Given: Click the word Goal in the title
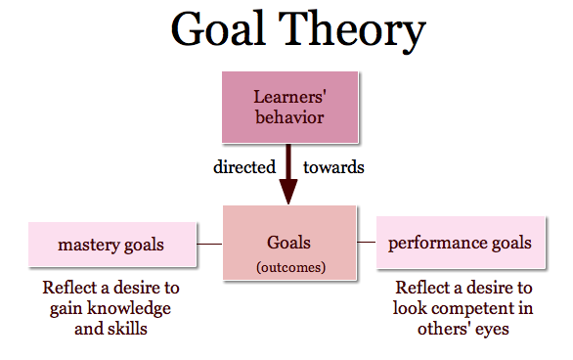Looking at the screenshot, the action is pyautogui.click(x=218, y=29).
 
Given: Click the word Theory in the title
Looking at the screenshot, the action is pyautogui.click(x=352, y=32).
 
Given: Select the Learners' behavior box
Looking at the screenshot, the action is pyautogui.click(x=290, y=107).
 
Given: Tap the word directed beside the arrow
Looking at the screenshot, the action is pyautogui.click(x=244, y=167).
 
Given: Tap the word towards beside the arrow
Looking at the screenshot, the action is pyautogui.click(x=333, y=167).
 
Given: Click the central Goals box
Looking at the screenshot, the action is pyautogui.click(x=289, y=243).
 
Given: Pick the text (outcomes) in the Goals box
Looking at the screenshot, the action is pyautogui.click(x=290, y=267).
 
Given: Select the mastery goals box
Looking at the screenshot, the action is pyautogui.click(x=112, y=245).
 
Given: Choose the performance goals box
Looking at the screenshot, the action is pyautogui.click(x=461, y=243).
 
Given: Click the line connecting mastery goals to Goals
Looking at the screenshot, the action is pyautogui.click(x=209, y=244).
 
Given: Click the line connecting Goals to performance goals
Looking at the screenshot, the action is pyautogui.click(x=366, y=242).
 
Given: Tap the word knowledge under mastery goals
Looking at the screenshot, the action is pyautogui.click(x=129, y=308).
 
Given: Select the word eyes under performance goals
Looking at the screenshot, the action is pyautogui.click(x=492, y=330).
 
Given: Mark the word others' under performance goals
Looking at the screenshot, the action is pyautogui.click(x=444, y=328).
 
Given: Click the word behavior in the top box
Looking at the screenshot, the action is pyautogui.click(x=289, y=117).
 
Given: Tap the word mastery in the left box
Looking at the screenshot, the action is pyautogui.click(x=89, y=245).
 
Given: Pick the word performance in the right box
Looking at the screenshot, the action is pyautogui.click(x=437, y=244).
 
